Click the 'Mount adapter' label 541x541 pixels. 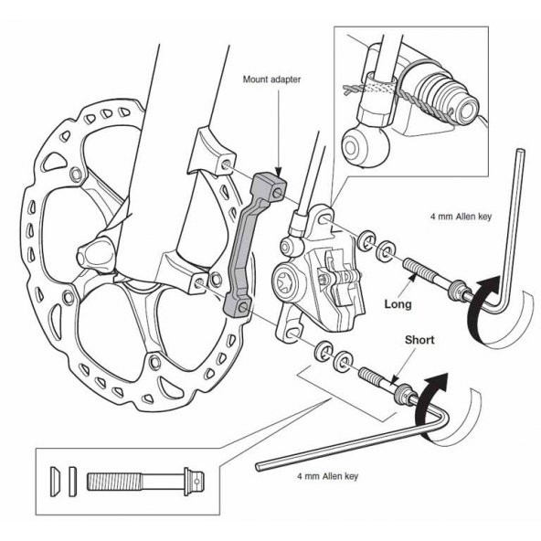pos(271,80)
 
